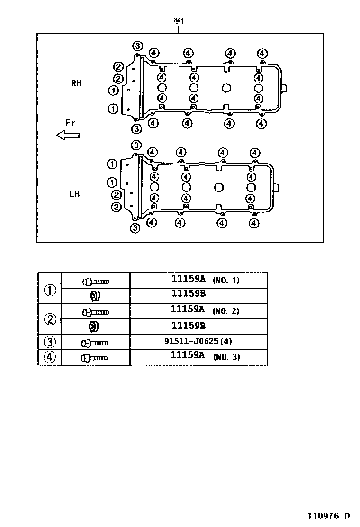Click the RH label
pos(76,83)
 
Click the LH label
pos(74,194)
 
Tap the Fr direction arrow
pos(68,135)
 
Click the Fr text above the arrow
pos(71,123)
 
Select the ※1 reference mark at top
pos(179,21)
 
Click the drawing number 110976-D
pos(329,516)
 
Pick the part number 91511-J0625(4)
pos(198,341)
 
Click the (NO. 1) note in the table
pos(226,280)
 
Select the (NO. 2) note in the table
pos(225,311)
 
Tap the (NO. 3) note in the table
pos(227,357)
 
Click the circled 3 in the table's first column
pos(50,342)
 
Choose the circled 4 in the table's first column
pos(49,357)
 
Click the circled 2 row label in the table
pos(50,319)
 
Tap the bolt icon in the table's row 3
pos(95,343)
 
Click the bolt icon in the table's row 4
pos(94,358)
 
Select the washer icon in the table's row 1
pos(95,296)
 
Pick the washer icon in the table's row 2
pos(94,327)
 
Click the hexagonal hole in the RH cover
pos(227,88)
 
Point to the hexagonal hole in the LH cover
pos(219,187)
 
